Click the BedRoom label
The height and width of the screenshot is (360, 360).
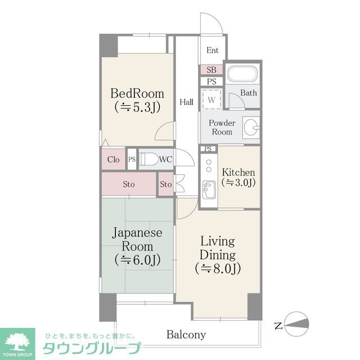(x=137, y=93)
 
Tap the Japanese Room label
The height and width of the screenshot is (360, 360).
(x=137, y=239)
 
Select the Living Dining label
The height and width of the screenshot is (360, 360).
(x=218, y=247)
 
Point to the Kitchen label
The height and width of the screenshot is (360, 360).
(x=239, y=172)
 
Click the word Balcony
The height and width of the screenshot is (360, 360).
(x=186, y=335)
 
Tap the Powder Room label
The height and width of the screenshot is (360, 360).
(x=222, y=127)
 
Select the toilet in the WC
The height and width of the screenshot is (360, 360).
(x=148, y=159)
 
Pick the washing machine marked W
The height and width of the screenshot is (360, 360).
(x=212, y=100)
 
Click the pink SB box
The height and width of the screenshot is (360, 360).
(x=211, y=70)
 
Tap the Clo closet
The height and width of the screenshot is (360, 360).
(x=113, y=159)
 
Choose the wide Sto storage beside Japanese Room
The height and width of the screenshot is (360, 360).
(x=129, y=184)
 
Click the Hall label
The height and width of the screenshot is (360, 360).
(x=187, y=102)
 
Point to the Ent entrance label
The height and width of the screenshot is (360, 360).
(x=212, y=50)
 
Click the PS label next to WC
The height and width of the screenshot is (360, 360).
(x=132, y=159)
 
